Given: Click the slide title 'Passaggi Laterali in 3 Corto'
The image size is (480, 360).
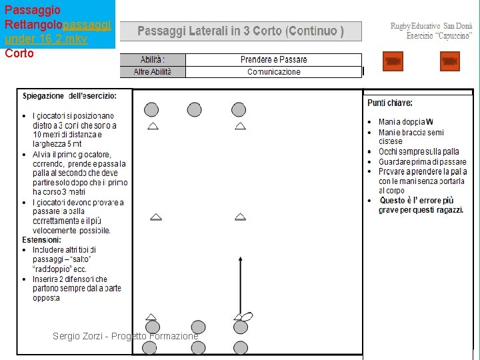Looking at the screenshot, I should click(241, 31).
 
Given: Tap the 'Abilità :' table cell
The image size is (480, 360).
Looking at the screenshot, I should click(153, 60).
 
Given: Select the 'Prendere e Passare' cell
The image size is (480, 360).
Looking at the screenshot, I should click(273, 60).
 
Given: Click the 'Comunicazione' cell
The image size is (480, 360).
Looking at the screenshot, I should click(273, 71).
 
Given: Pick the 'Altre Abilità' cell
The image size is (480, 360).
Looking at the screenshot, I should click(153, 71).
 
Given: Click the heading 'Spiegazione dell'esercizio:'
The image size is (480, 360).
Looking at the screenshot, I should click(69, 96).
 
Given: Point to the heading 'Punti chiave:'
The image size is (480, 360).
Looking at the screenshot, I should click(390, 103).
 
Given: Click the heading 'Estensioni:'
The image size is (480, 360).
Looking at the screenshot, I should click(41, 239).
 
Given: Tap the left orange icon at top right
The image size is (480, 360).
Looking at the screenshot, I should click(393, 61).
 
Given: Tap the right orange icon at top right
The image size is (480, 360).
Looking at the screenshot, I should click(450, 61).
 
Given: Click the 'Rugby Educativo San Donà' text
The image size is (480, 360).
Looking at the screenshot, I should click(431, 26).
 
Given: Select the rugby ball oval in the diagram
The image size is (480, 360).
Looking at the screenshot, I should click(245, 317).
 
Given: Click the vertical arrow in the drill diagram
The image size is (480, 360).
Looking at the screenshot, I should click(241, 283).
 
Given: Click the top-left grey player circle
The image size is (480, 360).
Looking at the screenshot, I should click(151, 109).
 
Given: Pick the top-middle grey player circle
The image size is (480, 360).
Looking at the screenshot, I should click(194, 109).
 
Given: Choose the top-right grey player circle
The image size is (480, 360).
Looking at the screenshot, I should click(239, 109).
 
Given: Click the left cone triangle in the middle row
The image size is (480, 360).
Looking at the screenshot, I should click(155, 217).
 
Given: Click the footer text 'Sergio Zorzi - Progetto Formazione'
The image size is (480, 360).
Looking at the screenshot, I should click(125, 336).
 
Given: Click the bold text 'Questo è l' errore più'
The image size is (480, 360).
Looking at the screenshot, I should click(417, 200).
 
